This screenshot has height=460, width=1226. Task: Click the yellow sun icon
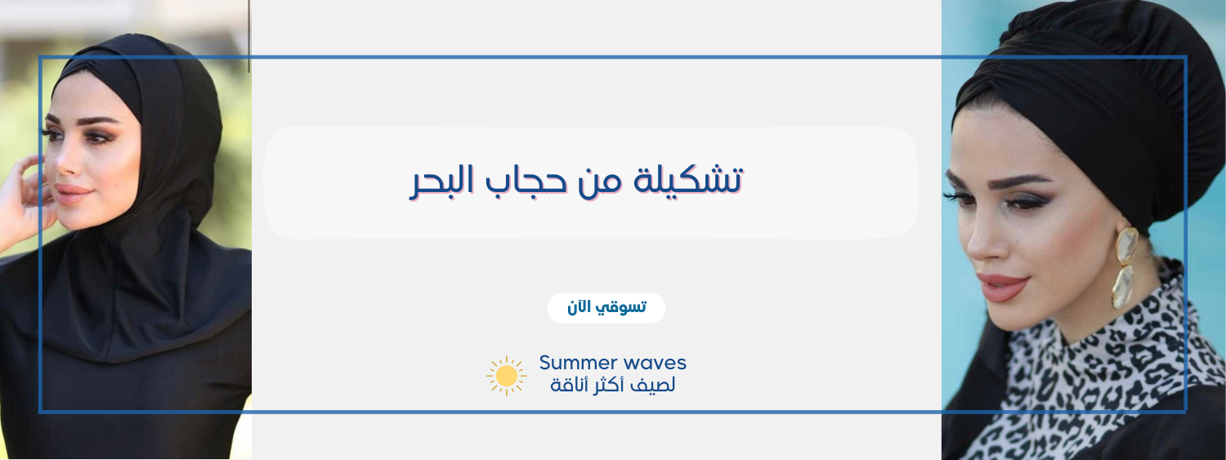pos(506,376)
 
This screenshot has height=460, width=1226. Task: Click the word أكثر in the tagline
pos(607,385)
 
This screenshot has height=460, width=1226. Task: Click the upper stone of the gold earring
pos(1127,246)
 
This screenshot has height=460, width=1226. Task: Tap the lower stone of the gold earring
pos(1122,286)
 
